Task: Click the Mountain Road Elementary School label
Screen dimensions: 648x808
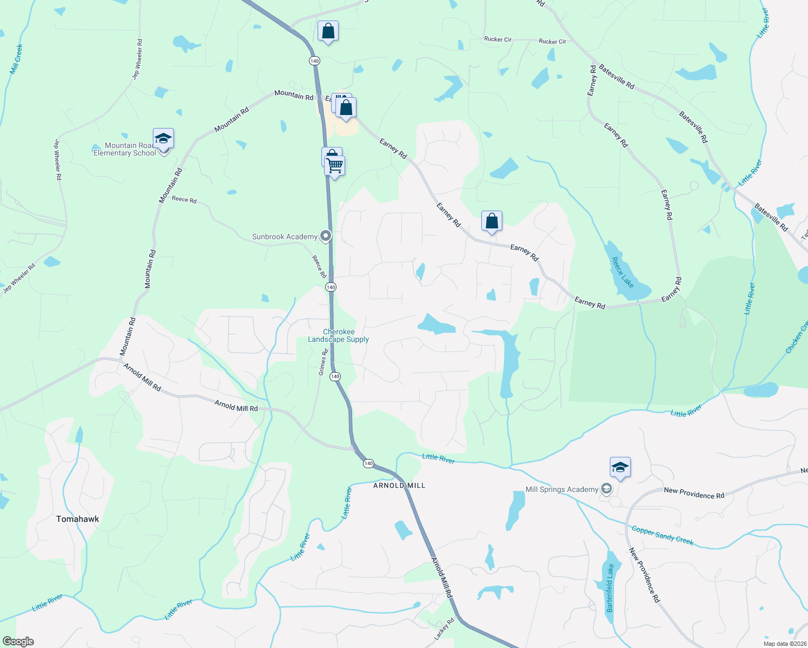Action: (125, 150)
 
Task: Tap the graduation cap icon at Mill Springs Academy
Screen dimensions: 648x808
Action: (620, 467)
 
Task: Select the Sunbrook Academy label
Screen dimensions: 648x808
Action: (285, 237)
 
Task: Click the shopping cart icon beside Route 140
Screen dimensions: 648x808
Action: (335, 166)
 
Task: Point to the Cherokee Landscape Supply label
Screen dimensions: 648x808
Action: (339, 336)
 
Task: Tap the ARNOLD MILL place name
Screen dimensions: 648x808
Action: (400, 485)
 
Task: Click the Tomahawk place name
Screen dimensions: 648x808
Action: (78, 519)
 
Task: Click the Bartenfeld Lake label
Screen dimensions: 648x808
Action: (610, 588)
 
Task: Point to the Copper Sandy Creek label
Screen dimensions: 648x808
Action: (662, 535)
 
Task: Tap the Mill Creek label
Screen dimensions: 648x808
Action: (16, 59)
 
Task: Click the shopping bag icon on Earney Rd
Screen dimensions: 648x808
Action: (491, 221)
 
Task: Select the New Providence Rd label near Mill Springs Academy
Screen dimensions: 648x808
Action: (693, 492)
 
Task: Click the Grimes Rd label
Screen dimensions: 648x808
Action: (323, 362)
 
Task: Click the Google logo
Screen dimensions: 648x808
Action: (18, 642)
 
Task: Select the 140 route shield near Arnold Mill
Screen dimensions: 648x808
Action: (368, 463)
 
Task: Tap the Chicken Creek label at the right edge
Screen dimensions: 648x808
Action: (797, 338)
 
